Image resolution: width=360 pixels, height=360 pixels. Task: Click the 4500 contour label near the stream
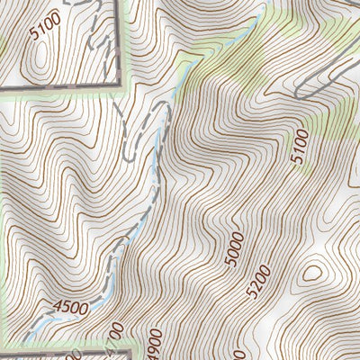tap(71, 307)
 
